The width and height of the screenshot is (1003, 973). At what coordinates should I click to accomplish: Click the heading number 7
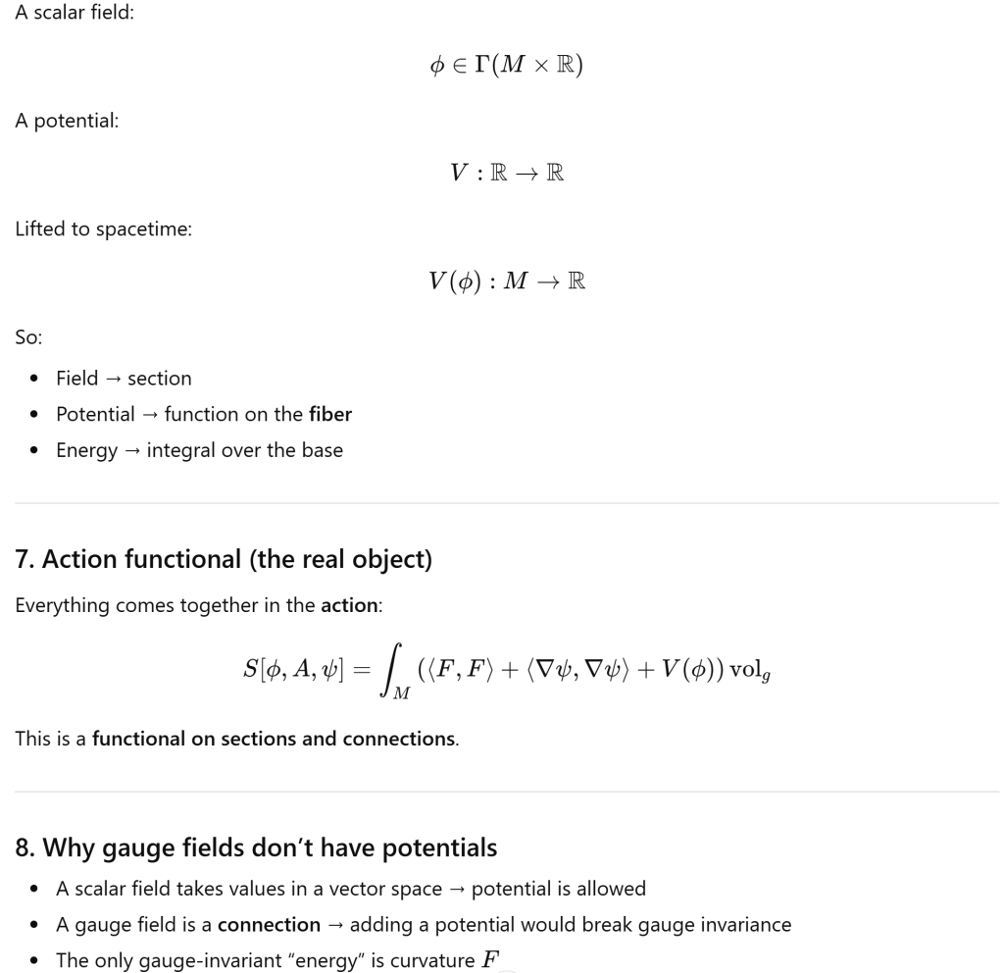22,559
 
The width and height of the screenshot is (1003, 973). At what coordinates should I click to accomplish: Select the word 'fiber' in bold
330,414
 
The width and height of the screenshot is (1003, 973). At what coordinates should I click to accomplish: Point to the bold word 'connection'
282,924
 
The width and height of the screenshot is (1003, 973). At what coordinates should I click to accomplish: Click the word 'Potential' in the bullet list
96,414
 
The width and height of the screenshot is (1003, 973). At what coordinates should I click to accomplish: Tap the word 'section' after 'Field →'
159,378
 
